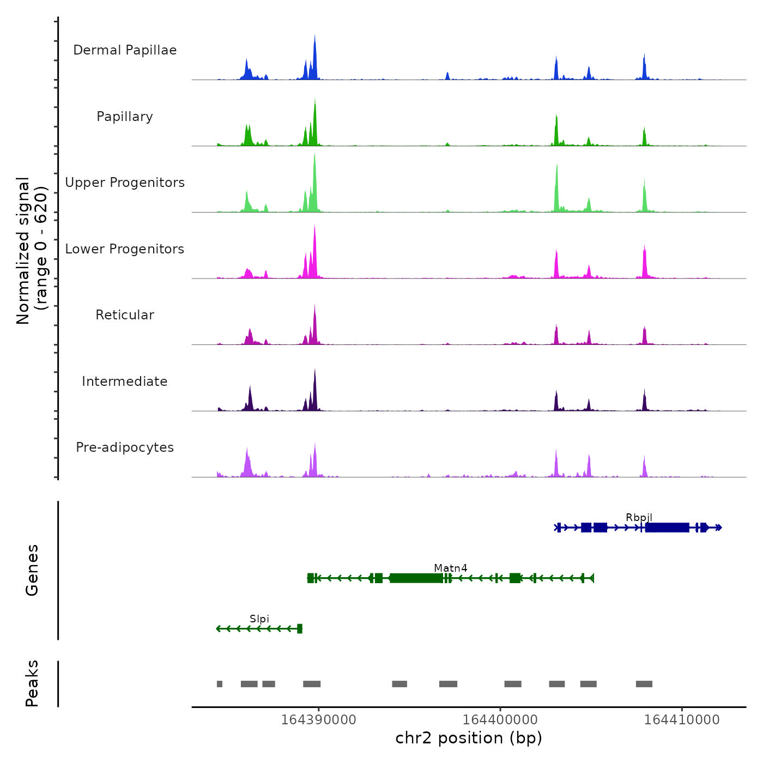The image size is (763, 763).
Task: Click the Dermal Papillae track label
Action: pos(125,50)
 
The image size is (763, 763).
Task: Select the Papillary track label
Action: pos(125,117)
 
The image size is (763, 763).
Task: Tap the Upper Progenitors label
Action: pos(125,183)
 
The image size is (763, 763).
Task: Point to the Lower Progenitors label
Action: pos(125,249)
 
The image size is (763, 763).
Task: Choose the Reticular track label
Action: pos(125,315)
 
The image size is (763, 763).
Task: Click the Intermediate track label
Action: pos(125,381)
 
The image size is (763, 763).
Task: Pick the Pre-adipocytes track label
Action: pos(125,447)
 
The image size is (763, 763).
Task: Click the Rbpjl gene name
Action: pos(639,517)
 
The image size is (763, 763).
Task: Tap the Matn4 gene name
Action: pos(451,568)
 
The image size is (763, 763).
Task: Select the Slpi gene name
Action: pos(259,619)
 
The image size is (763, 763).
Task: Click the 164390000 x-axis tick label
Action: pos(319,719)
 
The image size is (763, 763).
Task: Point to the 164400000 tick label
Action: pos(500,719)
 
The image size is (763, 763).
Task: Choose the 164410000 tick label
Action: pos(682,719)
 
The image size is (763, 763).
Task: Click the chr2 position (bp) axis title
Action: pos(469,738)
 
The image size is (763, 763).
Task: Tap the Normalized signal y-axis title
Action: pos(32,251)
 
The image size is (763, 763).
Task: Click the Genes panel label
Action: pos(32,570)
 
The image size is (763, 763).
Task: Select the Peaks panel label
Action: pos(32,683)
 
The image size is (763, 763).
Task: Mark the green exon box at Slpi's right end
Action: pos(300,629)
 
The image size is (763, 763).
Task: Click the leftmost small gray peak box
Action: pos(220,684)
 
